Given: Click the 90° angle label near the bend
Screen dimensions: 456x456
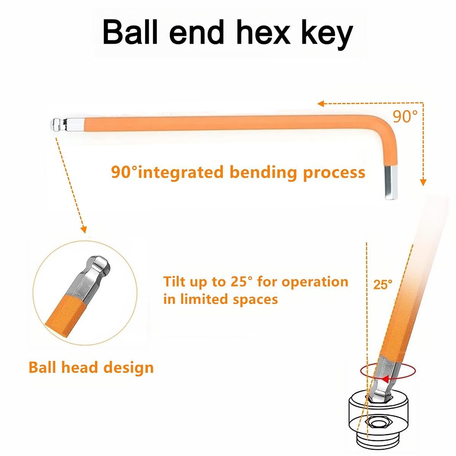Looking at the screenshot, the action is click(405, 116).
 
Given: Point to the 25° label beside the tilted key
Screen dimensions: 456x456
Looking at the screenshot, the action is click(383, 285).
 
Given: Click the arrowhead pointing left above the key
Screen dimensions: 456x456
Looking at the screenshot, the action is click(321, 103).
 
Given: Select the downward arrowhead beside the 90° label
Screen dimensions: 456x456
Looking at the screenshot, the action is click(423, 182).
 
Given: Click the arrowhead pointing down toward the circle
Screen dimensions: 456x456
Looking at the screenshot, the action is click(84, 230).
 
